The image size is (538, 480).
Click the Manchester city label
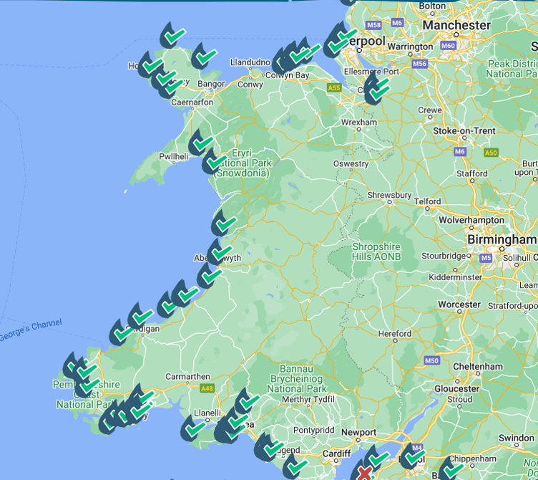pyautogui.click(x=456, y=25)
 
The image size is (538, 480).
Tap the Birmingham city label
pyautogui.click(x=502, y=239)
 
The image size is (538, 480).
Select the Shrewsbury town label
pyautogui.click(x=389, y=195)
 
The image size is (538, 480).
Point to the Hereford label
pyautogui.click(x=395, y=333)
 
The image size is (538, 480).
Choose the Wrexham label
pyautogui.click(x=358, y=123)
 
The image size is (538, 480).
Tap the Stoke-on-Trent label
pyautogui.click(x=464, y=131)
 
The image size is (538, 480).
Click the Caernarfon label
pyautogui.click(x=192, y=102)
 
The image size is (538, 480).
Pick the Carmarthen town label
pyautogui.click(x=187, y=376)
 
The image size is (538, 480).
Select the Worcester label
pyautogui.click(x=459, y=304)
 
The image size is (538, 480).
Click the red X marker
pyautogui.click(x=365, y=473)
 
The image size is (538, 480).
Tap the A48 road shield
pyautogui.click(x=207, y=388)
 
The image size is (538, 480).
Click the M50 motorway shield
pyautogui.click(x=431, y=360)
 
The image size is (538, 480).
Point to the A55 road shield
pyautogui.click(x=333, y=87)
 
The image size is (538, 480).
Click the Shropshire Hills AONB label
pyautogui.click(x=376, y=251)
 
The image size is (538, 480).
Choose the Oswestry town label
pyautogui.click(x=351, y=164)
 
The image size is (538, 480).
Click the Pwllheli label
pyautogui.click(x=173, y=156)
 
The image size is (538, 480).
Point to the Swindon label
pyautogui.click(x=516, y=438)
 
